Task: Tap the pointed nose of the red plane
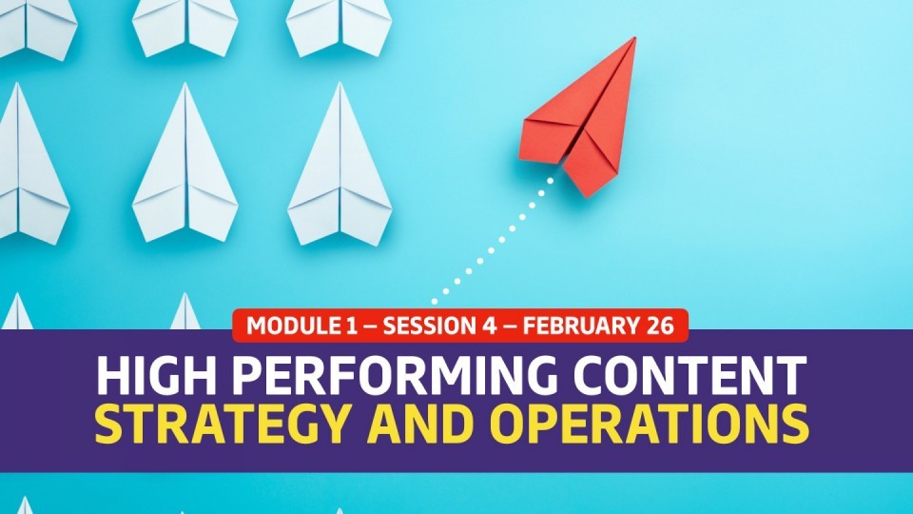pos(634,38)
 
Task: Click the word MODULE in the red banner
pos(289,326)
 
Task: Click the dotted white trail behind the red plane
pos(493,241)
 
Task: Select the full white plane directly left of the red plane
pos(340,166)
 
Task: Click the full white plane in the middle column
pos(185,163)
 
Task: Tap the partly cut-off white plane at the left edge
pos(29,163)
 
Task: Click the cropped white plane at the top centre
pos(185,27)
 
